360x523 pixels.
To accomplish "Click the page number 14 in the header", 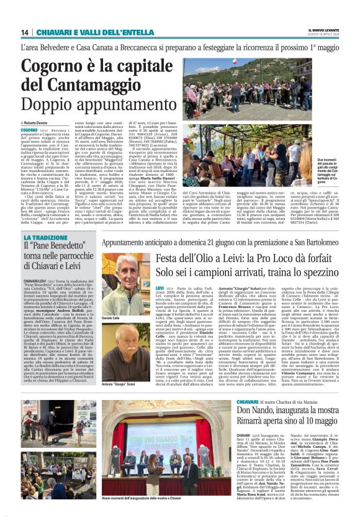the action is [25, 32].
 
